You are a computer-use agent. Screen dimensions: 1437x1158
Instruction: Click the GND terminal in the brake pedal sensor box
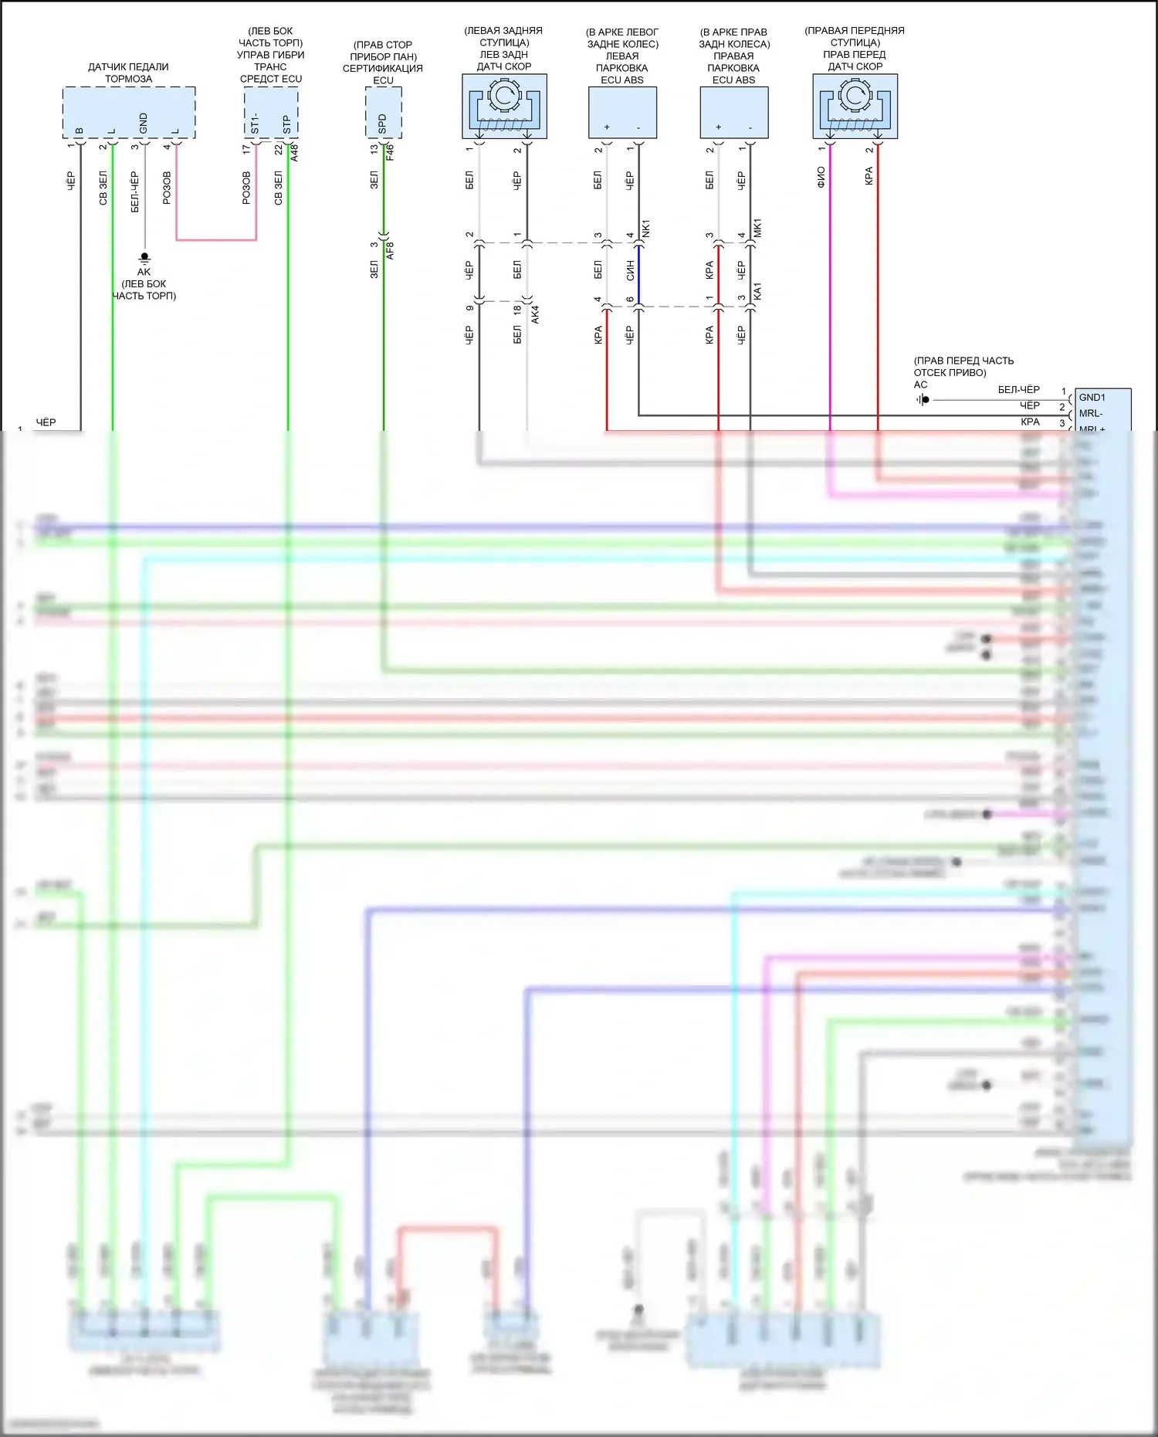click(x=144, y=122)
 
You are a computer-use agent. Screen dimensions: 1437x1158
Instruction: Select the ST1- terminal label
click(x=255, y=124)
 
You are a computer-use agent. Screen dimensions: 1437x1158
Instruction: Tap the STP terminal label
click(x=287, y=124)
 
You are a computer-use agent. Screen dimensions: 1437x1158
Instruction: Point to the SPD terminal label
click(x=382, y=124)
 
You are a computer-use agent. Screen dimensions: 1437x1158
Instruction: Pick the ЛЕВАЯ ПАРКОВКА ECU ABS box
click(x=622, y=112)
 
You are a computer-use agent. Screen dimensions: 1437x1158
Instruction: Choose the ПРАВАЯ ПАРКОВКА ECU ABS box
click(x=733, y=112)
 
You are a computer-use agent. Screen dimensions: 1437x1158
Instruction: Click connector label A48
click(x=294, y=151)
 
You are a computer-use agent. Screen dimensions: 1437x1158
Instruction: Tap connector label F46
click(x=390, y=151)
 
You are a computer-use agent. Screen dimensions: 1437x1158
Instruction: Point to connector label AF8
click(x=390, y=250)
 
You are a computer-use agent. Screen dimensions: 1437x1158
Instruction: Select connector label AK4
click(x=535, y=313)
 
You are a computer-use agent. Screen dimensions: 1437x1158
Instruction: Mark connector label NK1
click(x=646, y=229)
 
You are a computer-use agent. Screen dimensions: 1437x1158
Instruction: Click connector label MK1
click(x=757, y=229)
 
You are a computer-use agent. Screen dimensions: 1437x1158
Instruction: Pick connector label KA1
click(x=757, y=291)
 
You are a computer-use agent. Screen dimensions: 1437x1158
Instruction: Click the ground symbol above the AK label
click(x=144, y=257)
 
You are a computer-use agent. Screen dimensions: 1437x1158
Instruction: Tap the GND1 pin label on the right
click(x=1092, y=398)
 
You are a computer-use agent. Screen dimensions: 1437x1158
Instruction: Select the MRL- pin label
click(x=1090, y=414)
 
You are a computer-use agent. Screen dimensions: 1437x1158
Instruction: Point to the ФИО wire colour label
click(x=821, y=177)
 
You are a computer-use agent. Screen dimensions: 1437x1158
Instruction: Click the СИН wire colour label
click(x=631, y=269)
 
